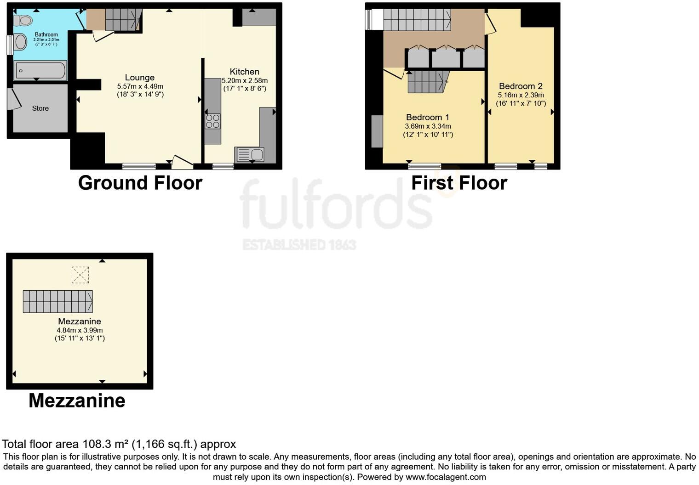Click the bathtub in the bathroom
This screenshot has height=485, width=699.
(x=40, y=71)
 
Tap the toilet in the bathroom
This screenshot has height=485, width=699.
(x=23, y=20)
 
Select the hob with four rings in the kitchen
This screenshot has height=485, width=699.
(x=212, y=121)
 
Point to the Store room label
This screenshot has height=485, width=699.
(x=40, y=108)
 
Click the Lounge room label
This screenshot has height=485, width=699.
(x=140, y=78)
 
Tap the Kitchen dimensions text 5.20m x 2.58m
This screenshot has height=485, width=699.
(x=245, y=80)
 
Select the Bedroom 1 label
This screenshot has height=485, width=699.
(x=428, y=117)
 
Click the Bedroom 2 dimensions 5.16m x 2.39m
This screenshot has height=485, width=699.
(x=521, y=95)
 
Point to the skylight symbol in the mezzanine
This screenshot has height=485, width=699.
(x=80, y=275)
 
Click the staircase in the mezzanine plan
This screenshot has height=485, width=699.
(x=58, y=302)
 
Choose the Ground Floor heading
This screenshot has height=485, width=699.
(x=140, y=183)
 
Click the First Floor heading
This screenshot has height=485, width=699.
(x=459, y=183)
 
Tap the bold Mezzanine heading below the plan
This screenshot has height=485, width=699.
(x=77, y=400)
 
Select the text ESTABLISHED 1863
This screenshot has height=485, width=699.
(x=299, y=244)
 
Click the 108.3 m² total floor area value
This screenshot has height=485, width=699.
(x=106, y=444)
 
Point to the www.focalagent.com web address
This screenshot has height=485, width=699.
(x=446, y=477)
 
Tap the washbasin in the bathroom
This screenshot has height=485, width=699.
(x=20, y=42)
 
